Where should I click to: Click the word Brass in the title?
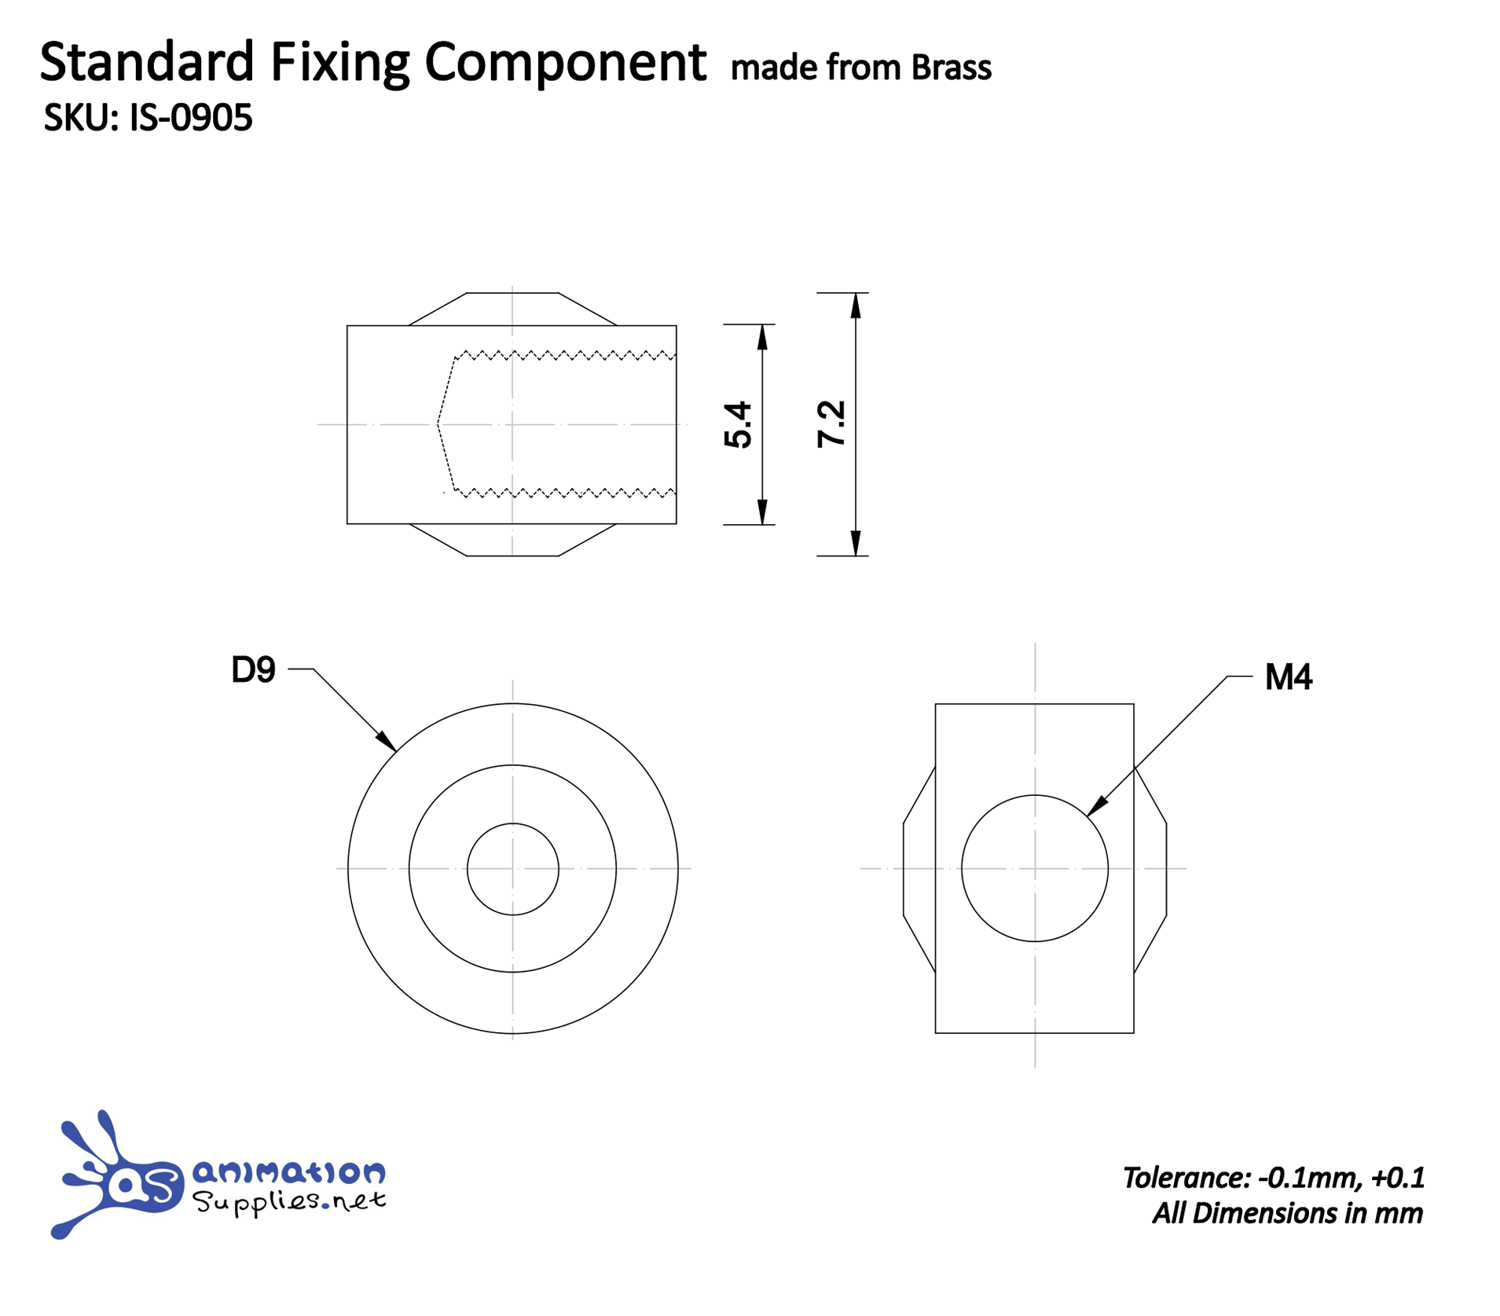coord(951,68)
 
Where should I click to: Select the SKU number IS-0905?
coord(190,118)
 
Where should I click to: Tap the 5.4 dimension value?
coord(738,424)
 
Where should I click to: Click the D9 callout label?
coord(253,669)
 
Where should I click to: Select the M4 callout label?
coord(1287,676)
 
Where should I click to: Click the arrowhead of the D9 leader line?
coord(387,742)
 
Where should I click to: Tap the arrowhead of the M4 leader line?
coord(1096,806)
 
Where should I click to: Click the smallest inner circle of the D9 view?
coord(512,868)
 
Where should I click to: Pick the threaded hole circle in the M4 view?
coord(1034,868)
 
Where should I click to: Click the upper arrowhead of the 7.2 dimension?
coord(856,305)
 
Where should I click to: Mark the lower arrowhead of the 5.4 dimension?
coord(761,511)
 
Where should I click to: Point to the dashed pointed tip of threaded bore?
coord(438,424)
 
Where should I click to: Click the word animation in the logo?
coord(288,1172)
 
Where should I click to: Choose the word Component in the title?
coord(565,63)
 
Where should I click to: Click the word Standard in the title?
coord(147,63)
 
